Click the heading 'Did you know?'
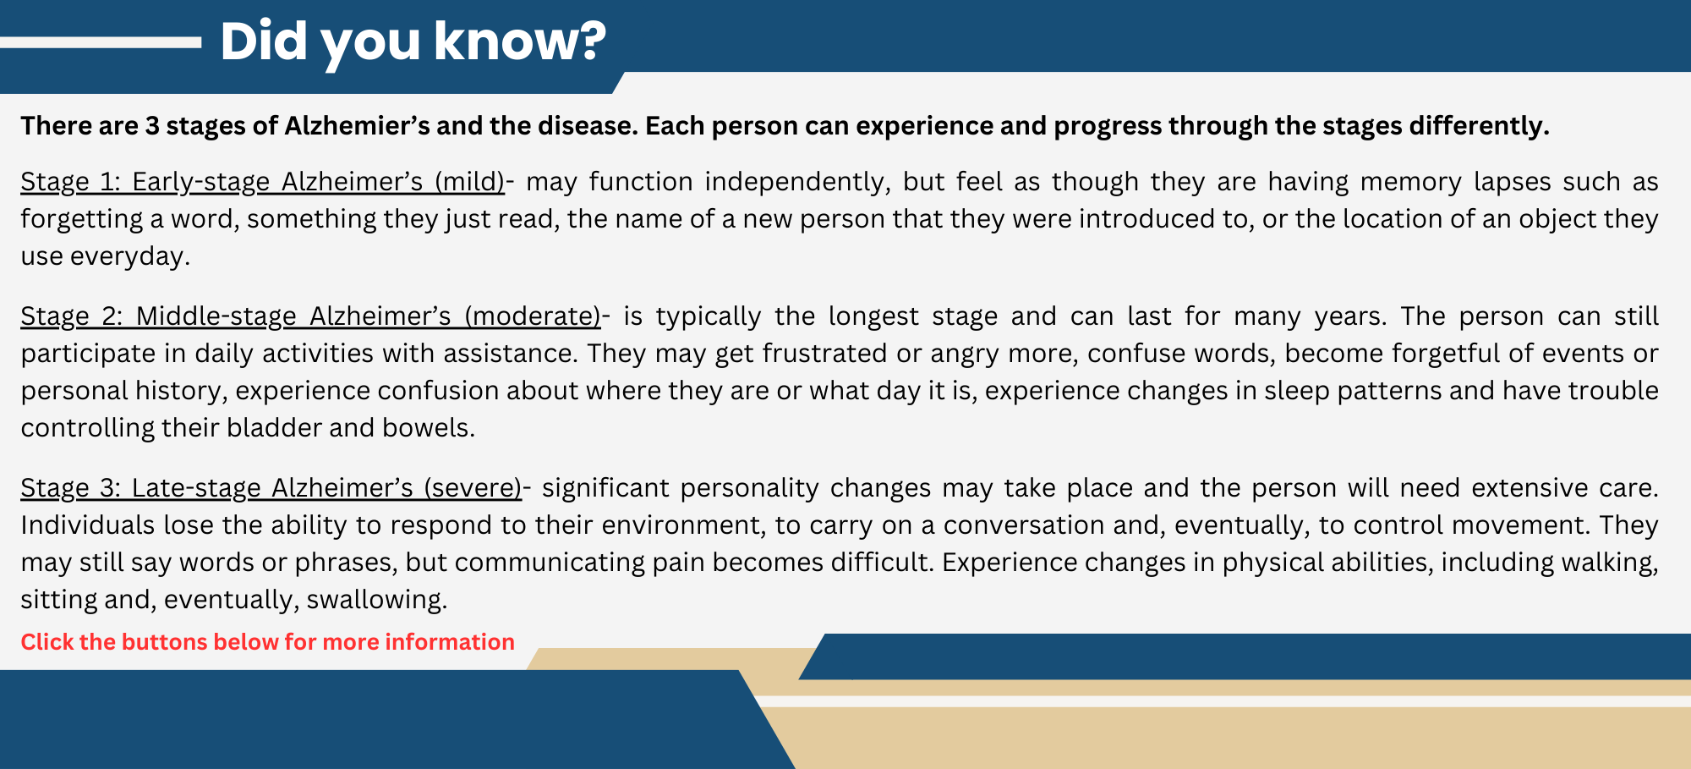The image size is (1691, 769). point(413,41)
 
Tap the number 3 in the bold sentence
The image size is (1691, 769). point(152,126)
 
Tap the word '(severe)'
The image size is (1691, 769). point(473,488)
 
